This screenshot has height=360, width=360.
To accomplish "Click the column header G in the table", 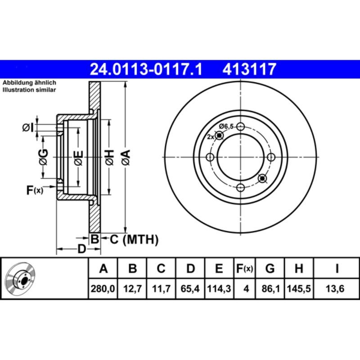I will (x=270, y=269).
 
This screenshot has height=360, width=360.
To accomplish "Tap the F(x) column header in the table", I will (x=245, y=269).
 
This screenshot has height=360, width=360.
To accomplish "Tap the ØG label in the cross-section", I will (x=43, y=156).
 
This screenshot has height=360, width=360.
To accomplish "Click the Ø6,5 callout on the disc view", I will (x=226, y=126).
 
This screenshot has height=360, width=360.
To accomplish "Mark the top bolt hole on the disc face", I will (x=241, y=127).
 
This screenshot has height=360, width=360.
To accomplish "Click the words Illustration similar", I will (x=29, y=90).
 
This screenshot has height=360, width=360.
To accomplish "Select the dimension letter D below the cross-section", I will (x=81, y=249).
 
